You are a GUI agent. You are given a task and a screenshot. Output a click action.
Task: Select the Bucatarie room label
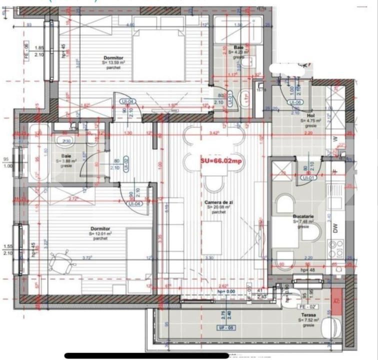[x=303, y=217]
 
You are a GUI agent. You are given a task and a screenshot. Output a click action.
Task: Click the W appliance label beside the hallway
[x=335, y=139]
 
